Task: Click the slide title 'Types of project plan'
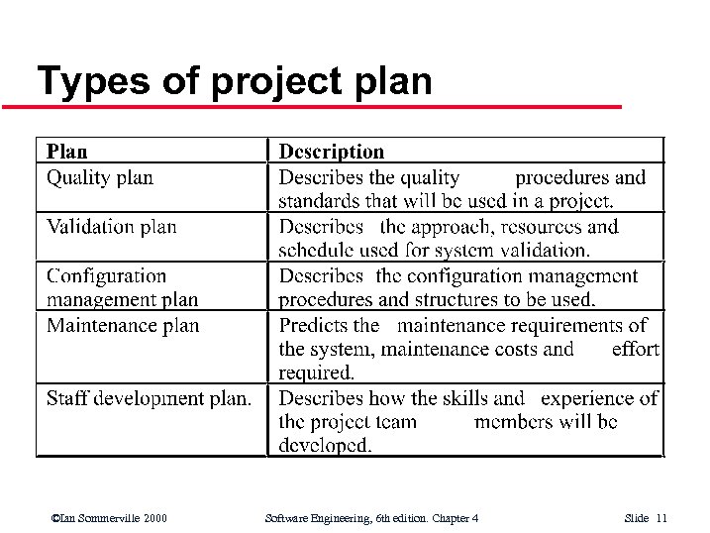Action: pyautogui.click(x=234, y=81)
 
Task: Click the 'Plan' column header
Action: pyautogui.click(x=67, y=152)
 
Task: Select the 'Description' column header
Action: pyautogui.click(x=331, y=152)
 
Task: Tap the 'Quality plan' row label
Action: pyautogui.click(x=100, y=178)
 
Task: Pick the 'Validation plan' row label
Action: pyautogui.click(x=112, y=227)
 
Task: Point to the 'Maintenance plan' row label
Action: pyautogui.click(x=123, y=326)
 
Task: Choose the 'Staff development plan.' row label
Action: pyautogui.click(x=149, y=398)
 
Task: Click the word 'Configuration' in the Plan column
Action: pyautogui.click(x=107, y=276)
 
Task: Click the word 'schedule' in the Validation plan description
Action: pyautogui.click(x=313, y=251)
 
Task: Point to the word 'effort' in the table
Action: pyautogui.click(x=635, y=349)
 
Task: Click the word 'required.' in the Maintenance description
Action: pyautogui.click(x=316, y=373)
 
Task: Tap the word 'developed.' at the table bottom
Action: pyautogui.click(x=325, y=446)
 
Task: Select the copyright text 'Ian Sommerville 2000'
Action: pyautogui.click(x=113, y=518)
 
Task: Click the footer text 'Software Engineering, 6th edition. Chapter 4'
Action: pyautogui.click(x=372, y=518)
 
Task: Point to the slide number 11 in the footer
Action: pyautogui.click(x=661, y=518)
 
